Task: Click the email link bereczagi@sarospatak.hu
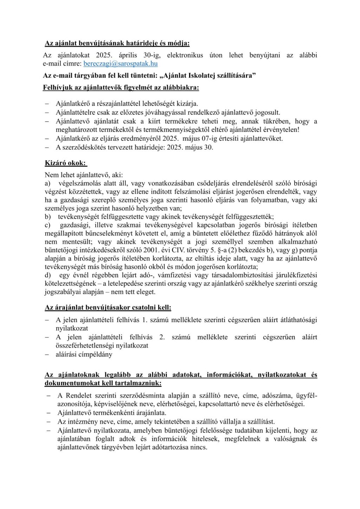tap(121, 64)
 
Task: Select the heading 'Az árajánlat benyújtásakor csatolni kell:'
tap(108, 307)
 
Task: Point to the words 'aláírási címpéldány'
tap(84, 354)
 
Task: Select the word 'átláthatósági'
tap(298, 320)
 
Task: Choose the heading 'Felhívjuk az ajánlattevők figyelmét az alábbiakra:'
tap(121, 88)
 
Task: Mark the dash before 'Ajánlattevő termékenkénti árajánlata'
tap(49, 413)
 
